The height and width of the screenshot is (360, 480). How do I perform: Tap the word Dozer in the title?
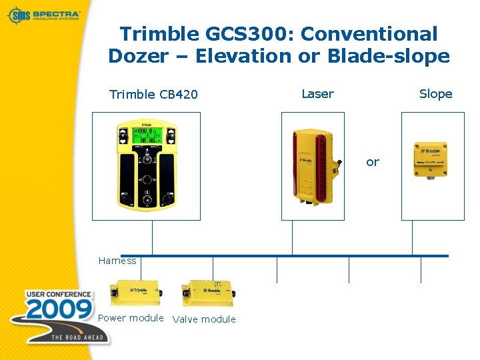click(137, 57)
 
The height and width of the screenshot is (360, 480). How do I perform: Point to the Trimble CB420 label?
click(153, 95)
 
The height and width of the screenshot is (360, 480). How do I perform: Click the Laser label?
click(317, 94)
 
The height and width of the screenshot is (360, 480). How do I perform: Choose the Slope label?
click(435, 94)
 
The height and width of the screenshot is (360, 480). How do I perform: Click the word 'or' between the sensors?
click(372, 162)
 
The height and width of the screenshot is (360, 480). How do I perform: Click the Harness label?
click(117, 261)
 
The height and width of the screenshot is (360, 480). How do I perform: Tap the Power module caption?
click(131, 318)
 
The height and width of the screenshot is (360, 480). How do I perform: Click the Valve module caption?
click(204, 319)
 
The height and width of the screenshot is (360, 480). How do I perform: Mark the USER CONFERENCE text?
click(59, 294)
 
